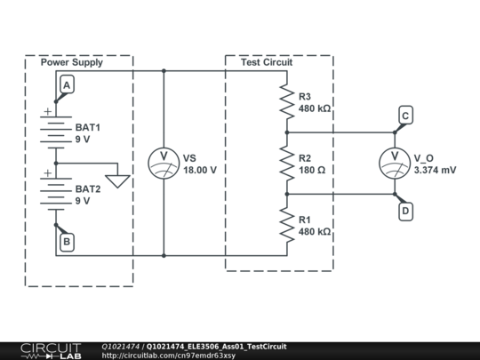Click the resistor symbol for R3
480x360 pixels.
click(x=286, y=101)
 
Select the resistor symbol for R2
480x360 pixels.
click(x=286, y=162)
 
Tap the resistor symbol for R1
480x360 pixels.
click(x=286, y=224)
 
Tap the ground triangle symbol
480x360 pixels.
click(x=124, y=180)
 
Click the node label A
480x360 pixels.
click(x=68, y=84)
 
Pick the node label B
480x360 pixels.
click(x=68, y=240)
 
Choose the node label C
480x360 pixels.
click(x=405, y=116)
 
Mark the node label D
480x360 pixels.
click(x=405, y=211)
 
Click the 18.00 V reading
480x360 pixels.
click(x=200, y=169)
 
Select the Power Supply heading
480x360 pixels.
click(x=72, y=62)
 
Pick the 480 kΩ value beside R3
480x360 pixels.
click(x=315, y=108)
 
